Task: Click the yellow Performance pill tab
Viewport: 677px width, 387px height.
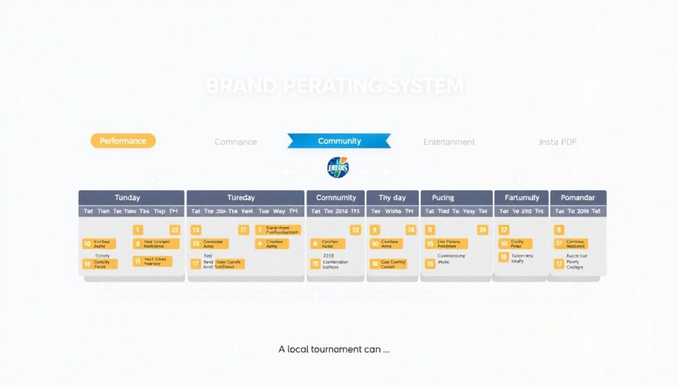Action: click(x=123, y=141)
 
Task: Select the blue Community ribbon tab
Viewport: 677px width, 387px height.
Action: click(x=339, y=141)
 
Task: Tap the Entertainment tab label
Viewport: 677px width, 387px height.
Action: click(x=449, y=142)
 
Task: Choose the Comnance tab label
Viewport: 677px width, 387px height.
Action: click(x=235, y=142)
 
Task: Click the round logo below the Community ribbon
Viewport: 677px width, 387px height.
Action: click(x=338, y=168)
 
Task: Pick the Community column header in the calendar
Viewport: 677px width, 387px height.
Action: click(x=336, y=198)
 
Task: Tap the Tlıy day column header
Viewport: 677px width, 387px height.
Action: click(x=392, y=198)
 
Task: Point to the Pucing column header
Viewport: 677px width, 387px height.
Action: click(x=443, y=198)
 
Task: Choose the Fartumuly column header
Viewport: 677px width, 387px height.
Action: click(x=521, y=198)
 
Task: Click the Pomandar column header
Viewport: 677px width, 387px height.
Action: click(x=578, y=198)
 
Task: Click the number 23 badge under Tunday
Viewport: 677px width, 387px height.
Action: click(x=175, y=230)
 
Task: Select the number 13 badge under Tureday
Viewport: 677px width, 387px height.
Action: click(x=196, y=230)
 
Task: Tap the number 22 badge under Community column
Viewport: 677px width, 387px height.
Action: click(x=355, y=230)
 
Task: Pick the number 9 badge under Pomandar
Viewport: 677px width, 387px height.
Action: click(x=559, y=230)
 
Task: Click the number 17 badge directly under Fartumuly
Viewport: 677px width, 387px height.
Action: click(x=504, y=230)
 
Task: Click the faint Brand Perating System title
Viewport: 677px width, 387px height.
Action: click(x=335, y=86)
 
